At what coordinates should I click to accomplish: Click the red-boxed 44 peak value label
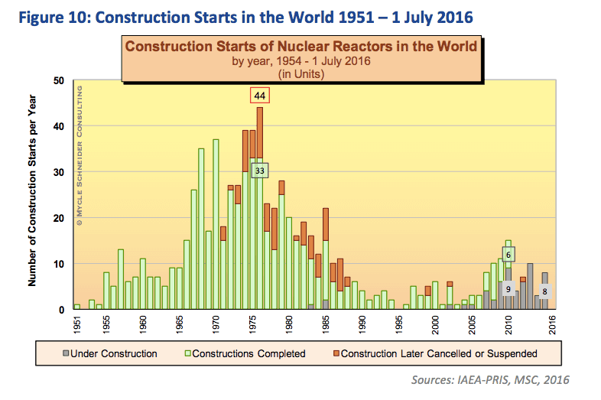coord(260,96)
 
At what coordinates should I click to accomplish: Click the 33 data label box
coord(259,171)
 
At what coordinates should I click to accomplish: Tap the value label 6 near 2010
coord(509,254)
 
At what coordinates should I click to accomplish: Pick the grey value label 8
coord(544,291)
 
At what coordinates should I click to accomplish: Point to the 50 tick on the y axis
coord(59,80)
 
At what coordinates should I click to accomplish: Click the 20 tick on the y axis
coord(59,218)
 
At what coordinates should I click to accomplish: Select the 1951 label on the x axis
coord(77,323)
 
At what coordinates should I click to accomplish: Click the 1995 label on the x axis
coord(399,323)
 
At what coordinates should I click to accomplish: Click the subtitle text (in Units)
coord(300,73)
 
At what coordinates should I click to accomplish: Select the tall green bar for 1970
coord(216,224)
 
